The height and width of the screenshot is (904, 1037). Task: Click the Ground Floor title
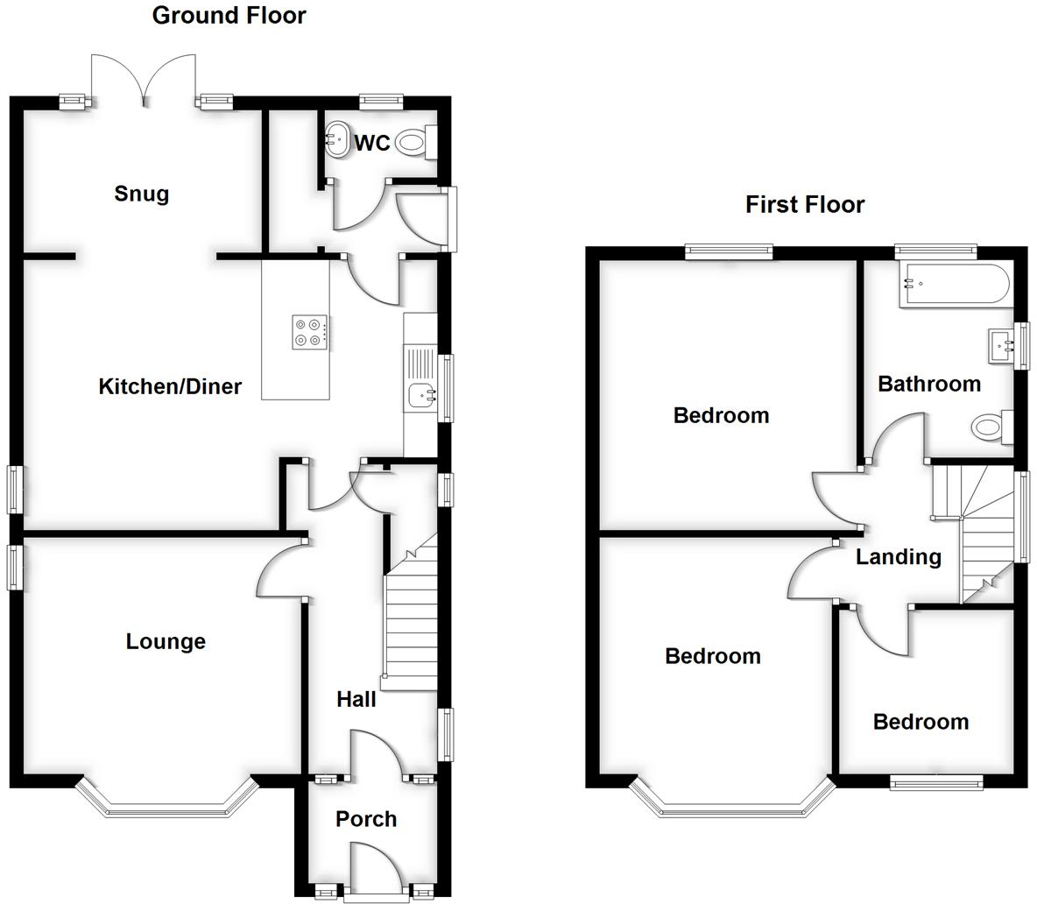point(229,15)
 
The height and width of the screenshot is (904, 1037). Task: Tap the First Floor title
point(805,204)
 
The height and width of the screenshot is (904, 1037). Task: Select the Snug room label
point(141,194)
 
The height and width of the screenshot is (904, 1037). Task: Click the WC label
point(372,143)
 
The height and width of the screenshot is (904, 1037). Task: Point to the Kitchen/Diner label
point(170,386)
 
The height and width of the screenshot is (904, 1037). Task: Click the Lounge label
point(166,641)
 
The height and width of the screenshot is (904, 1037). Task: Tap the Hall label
point(356,699)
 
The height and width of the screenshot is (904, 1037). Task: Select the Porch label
point(366,819)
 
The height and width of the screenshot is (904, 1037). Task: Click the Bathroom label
point(929,384)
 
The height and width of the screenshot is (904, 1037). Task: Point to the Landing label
point(899,557)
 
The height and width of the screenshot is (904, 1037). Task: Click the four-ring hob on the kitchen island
point(310,332)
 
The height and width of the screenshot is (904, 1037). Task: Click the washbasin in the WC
point(335,138)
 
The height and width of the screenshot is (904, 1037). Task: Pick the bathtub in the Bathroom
point(954,284)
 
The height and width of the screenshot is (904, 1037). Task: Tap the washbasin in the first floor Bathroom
point(1000,346)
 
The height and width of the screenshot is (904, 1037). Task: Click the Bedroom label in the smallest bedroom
point(921,722)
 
